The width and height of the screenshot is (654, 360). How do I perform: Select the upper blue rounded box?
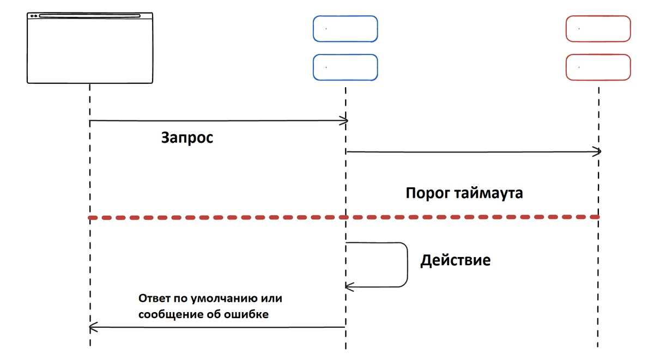[345, 28]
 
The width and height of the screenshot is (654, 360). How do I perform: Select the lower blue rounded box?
[345, 68]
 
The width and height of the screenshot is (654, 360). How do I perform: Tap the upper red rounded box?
[598, 28]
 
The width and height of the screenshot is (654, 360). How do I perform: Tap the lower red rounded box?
[598, 68]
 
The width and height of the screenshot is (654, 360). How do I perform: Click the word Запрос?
[186, 138]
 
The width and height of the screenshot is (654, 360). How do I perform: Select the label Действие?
[455, 260]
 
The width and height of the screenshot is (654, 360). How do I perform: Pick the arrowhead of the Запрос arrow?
[344, 120]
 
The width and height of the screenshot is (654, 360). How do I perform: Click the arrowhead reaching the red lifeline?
[597, 151]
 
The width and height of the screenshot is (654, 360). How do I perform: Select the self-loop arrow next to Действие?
[407, 264]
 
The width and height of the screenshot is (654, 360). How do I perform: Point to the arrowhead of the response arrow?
[93, 327]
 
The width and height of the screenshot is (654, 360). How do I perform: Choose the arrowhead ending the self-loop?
[349, 285]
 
